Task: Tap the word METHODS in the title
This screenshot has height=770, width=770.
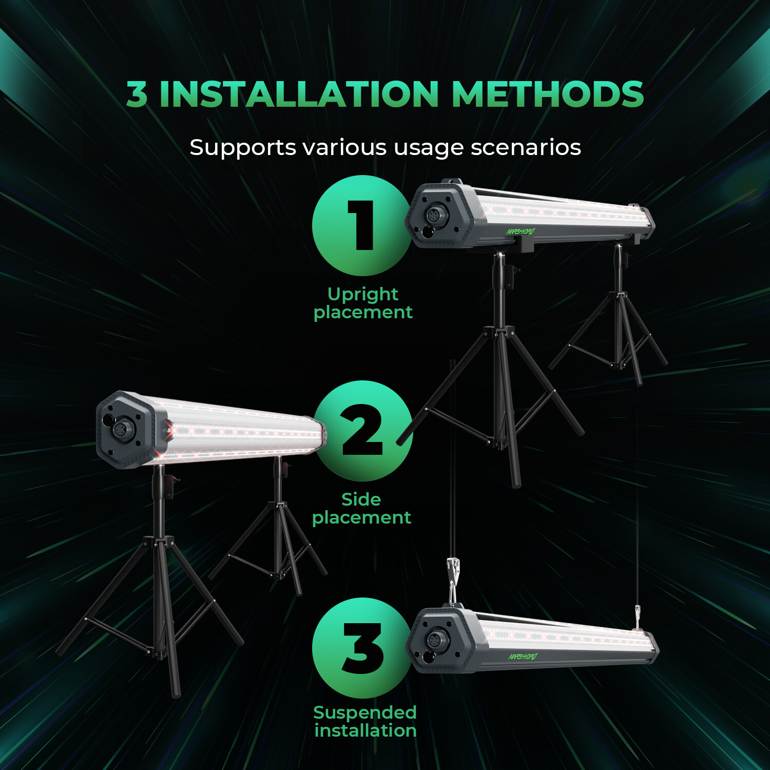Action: click(x=547, y=94)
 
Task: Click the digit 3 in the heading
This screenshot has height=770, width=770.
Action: click(x=137, y=94)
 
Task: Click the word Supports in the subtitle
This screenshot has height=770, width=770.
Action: click(x=243, y=148)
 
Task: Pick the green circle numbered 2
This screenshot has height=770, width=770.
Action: click(x=362, y=430)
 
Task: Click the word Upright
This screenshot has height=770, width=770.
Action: click(x=362, y=294)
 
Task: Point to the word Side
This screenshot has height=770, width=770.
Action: click(x=361, y=499)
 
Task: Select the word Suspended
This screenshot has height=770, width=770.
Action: click(x=364, y=712)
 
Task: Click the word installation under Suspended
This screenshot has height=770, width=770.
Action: click(x=365, y=730)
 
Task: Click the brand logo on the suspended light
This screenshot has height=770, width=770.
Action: click(x=523, y=657)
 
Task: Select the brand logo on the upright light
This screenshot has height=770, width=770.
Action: click(x=521, y=232)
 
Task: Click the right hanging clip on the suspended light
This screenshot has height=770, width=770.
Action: click(x=638, y=616)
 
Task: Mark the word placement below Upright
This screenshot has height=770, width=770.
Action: click(x=362, y=313)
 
